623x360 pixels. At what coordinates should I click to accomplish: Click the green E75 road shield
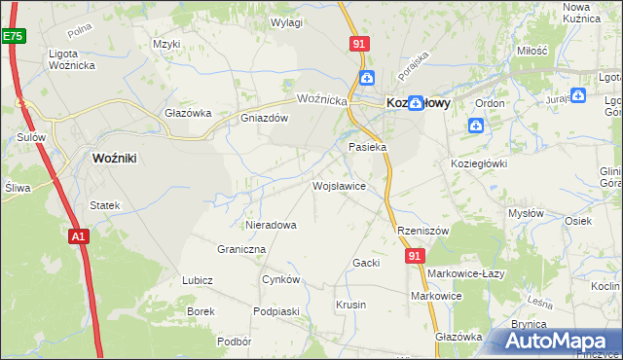13,36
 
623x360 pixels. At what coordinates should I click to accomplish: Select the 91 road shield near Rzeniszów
416,255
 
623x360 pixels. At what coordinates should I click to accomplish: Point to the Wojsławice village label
338,185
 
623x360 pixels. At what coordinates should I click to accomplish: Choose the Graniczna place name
241,249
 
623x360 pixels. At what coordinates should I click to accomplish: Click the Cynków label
280,279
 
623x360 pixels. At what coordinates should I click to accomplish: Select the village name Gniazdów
265,118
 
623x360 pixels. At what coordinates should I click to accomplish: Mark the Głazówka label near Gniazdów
188,113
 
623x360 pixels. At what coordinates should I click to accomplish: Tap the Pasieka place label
368,147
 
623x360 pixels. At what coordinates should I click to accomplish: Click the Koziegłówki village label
479,163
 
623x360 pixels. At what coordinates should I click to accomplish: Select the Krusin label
350,305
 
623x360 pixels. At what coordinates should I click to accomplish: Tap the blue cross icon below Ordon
476,125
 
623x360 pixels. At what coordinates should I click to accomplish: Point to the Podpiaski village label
275,311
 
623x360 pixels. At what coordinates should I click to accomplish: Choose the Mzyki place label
167,44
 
